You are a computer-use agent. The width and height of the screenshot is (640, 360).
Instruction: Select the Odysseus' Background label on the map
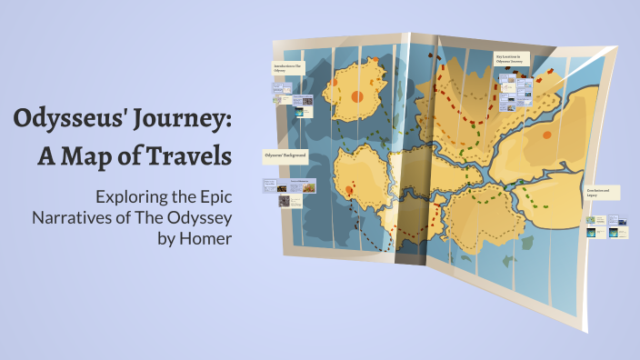(x=285, y=155)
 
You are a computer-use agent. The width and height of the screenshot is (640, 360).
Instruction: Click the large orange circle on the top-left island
(x=357, y=96)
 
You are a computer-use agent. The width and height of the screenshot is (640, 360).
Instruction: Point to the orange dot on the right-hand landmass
(x=546, y=135)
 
